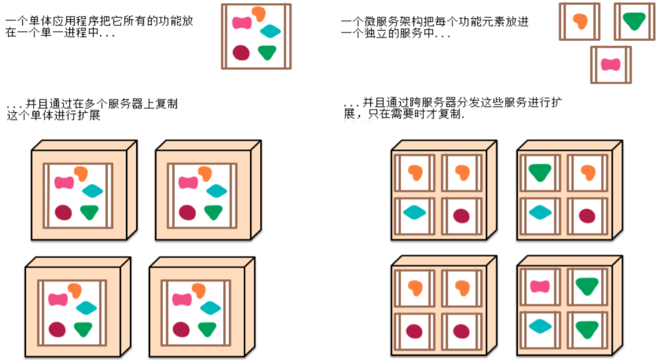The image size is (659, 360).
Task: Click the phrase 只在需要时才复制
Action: (420, 115)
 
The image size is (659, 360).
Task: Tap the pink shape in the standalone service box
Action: (611, 64)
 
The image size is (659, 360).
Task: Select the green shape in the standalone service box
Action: (634, 21)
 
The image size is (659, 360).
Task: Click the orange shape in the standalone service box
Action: (579, 21)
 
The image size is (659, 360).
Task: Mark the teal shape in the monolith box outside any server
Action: (270, 31)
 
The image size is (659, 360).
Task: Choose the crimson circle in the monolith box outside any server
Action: (241, 52)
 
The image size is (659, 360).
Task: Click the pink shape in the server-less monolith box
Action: (242, 23)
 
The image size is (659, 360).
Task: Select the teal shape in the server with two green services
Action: (539, 326)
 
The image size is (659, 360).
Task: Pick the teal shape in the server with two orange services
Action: (414, 212)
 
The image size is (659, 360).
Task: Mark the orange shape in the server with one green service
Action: (588, 172)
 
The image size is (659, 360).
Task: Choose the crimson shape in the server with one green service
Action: (586, 216)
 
